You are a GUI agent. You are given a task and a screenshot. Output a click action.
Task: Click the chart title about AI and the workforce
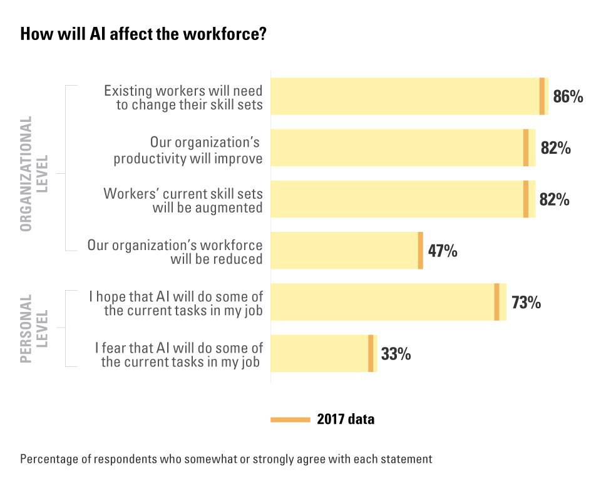point(144,34)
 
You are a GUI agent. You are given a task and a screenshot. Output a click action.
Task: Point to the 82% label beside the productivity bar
point(555,148)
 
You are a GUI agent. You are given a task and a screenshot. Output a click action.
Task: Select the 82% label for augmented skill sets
point(555,199)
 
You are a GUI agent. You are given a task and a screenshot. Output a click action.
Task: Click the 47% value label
point(443,251)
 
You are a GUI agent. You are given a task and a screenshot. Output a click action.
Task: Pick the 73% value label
point(526,303)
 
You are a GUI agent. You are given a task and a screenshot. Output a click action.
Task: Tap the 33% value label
point(396,354)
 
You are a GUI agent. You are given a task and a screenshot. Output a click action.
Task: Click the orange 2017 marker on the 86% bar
point(542,96)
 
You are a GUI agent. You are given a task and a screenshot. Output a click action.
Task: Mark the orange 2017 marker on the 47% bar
point(421,251)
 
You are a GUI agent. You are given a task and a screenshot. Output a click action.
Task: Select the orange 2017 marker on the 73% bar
point(496,302)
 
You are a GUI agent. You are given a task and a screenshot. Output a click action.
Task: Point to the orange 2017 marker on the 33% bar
point(371,353)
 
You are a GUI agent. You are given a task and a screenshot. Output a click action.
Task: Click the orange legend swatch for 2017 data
point(290,419)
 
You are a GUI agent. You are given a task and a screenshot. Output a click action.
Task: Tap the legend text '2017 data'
point(346,419)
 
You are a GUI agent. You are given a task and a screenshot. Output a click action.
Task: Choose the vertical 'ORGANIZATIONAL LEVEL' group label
point(34,173)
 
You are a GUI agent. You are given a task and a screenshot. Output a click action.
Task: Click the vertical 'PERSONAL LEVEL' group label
point(34,328)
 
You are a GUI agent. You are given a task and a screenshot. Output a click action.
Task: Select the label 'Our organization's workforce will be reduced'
point(175,251)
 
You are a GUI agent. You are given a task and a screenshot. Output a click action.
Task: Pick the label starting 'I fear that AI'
point(179,354)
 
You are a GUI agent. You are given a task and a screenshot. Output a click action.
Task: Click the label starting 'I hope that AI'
point(177,303)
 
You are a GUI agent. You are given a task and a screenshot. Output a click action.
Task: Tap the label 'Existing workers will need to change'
point(183,98)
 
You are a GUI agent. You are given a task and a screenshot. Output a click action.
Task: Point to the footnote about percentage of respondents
point(226,459)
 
